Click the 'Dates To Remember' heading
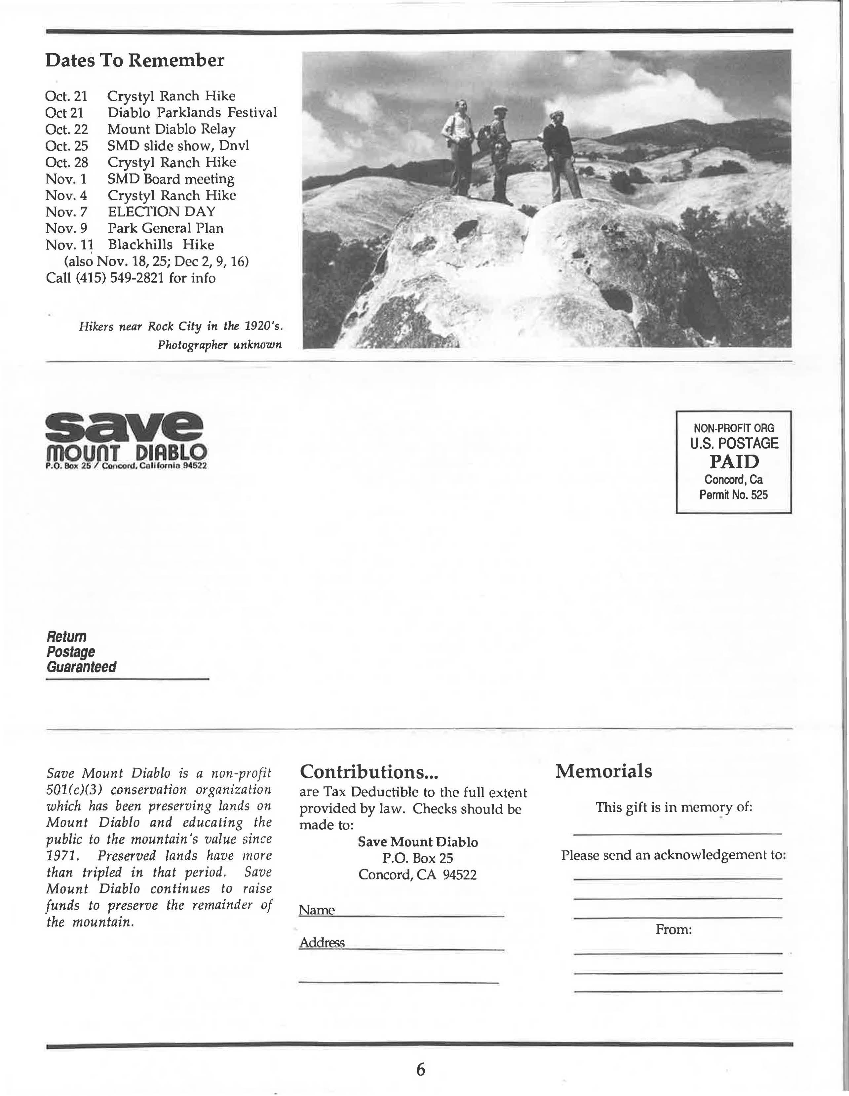135,60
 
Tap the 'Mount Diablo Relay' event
171,129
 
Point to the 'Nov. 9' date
66,228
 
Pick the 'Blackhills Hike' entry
161,245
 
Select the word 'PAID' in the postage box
734,461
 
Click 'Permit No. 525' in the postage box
734,495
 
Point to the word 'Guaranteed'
81,667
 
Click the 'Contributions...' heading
369,771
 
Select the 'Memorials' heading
604,771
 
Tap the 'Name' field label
317,910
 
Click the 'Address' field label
322,942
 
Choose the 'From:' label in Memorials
674,930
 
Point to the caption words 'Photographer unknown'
219,345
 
